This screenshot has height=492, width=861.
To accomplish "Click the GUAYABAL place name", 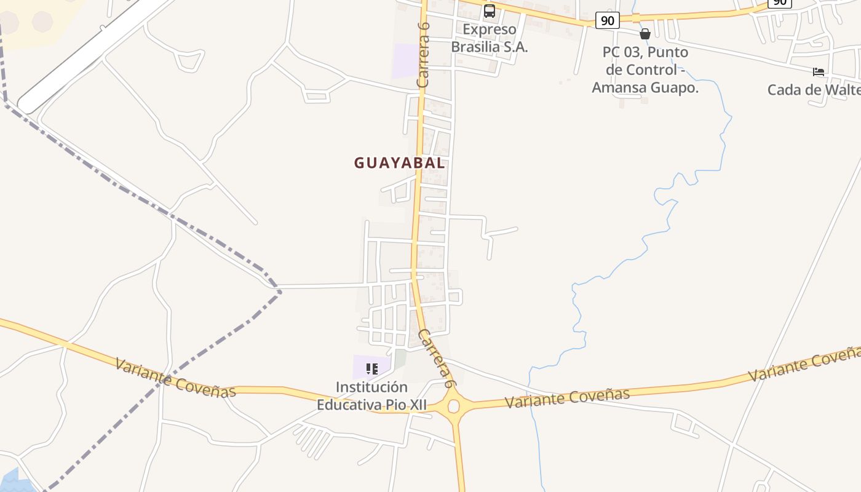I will [x=399, y=163].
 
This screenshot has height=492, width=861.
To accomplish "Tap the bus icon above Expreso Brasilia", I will [x=489, y=10].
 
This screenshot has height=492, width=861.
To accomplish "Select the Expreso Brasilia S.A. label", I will [x=490, y=38].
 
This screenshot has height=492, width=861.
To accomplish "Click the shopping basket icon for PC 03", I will [x=645, y=34].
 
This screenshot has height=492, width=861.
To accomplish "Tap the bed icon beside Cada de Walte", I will [x=818, y=72].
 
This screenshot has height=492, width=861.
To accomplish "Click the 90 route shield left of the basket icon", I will [x=607, y=21].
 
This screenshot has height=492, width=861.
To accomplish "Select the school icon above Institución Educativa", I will [x=371, y=369].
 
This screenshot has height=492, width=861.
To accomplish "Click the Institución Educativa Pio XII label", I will [x=371, y=396].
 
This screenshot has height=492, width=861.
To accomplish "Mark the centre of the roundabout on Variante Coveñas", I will [x=454, y=406].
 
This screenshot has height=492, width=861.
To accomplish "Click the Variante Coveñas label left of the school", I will [x=175, y=378].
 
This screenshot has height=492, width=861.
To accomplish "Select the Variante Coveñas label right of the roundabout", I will [x=567, y=397].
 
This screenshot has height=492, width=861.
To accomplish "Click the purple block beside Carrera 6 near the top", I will [x=405, y=60].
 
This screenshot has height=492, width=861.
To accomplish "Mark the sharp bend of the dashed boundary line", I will [x=280, y=291].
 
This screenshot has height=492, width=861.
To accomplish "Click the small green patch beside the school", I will [x=400, y=359].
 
